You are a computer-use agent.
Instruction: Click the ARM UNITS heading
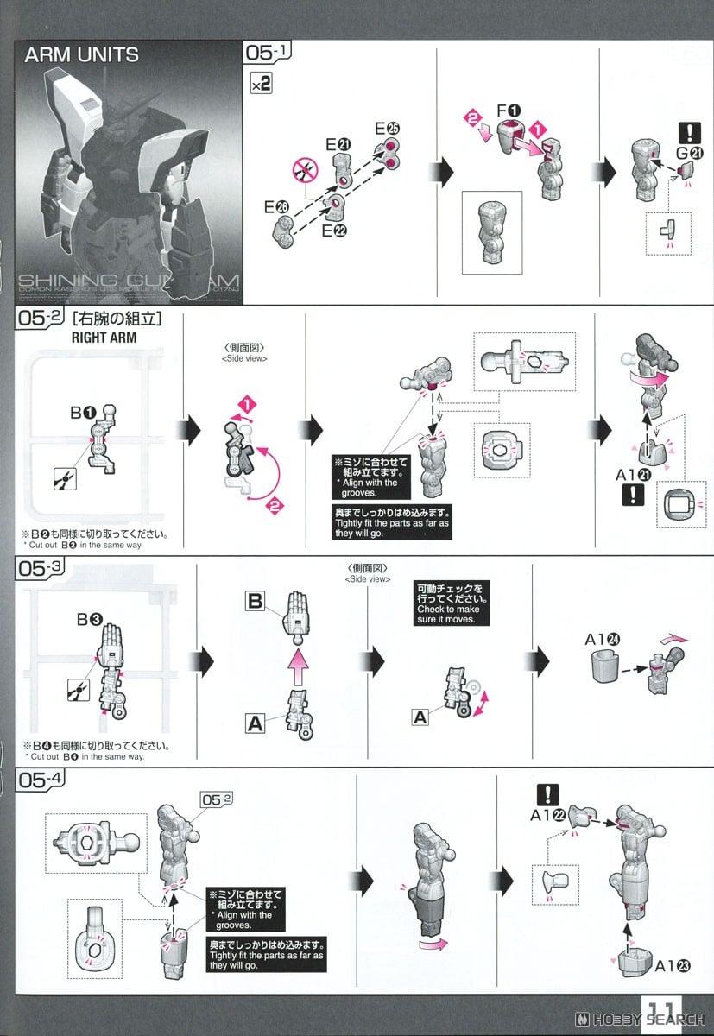[x=81, y=55]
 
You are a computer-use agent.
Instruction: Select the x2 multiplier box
[x=261, y=85]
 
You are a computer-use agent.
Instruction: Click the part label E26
[x=276, y=207]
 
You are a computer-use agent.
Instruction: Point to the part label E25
[x=387, y=129]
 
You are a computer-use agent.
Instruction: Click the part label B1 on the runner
[x=83, y=414]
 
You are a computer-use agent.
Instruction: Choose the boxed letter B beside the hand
[x=255, y=602]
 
